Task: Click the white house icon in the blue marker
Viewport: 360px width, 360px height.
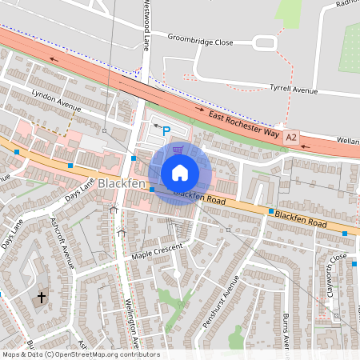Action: click(180, 173)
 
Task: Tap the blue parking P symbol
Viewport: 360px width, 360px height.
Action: click(166, 130)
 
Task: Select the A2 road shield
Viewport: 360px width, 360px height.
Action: click(290, 138)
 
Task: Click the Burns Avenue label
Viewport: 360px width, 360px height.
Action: click(286, 332)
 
